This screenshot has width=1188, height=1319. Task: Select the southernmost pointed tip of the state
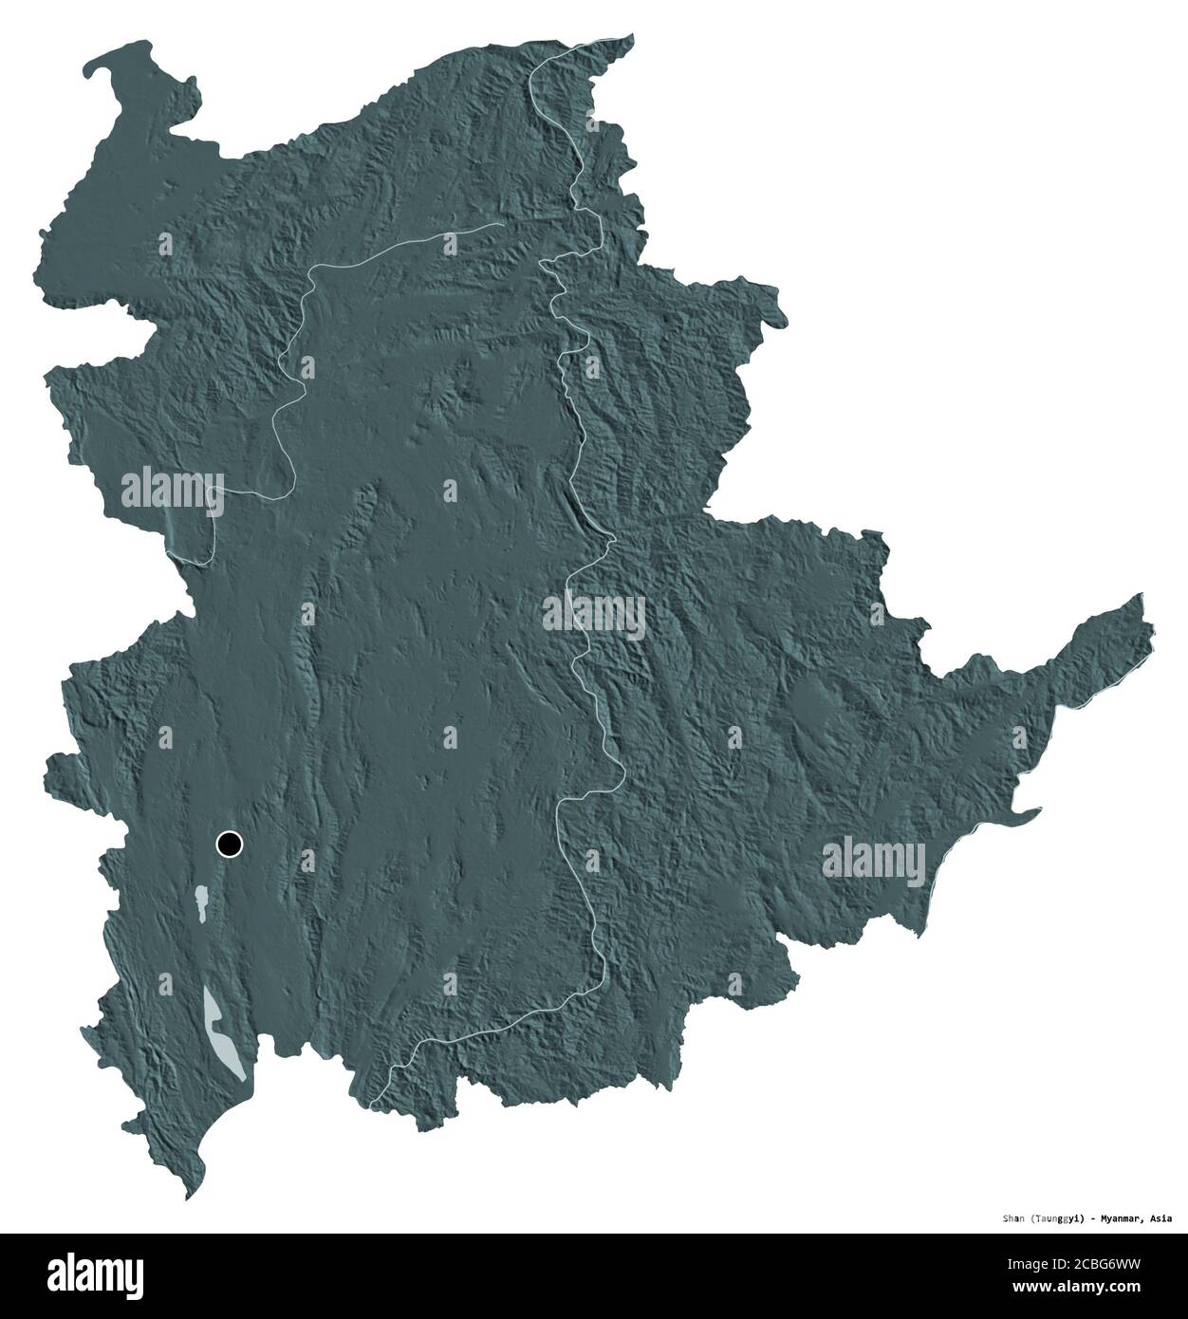tap(187, 1199)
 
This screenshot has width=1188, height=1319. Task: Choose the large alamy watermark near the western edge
tap(172, 492)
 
